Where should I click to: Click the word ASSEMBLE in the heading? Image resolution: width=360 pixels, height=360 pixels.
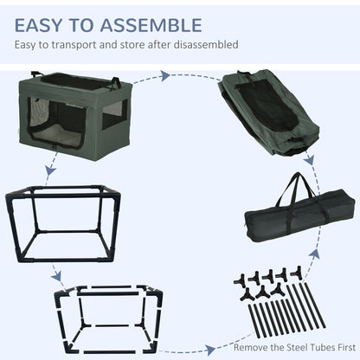[151, 25]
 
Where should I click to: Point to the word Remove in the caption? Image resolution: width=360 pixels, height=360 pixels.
[251, 347]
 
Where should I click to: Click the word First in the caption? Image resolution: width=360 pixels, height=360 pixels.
[345, 347]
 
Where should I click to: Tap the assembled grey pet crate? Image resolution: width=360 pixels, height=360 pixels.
[75, 115]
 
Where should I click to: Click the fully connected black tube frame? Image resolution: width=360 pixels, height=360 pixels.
[63, 224]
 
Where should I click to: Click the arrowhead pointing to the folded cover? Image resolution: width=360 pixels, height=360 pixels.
[165, 76]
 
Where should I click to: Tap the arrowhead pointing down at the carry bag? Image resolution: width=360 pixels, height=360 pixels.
[309, 160]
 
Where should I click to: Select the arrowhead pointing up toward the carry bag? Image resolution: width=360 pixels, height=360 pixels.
[316, 253]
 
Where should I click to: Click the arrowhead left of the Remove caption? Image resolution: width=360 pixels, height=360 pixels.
[209, 350]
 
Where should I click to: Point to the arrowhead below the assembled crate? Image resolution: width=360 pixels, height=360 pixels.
[51, 170]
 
